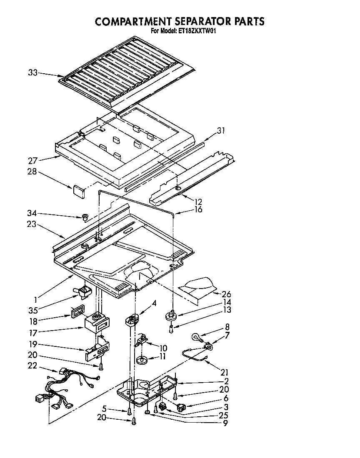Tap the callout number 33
33,73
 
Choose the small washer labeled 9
147,412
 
